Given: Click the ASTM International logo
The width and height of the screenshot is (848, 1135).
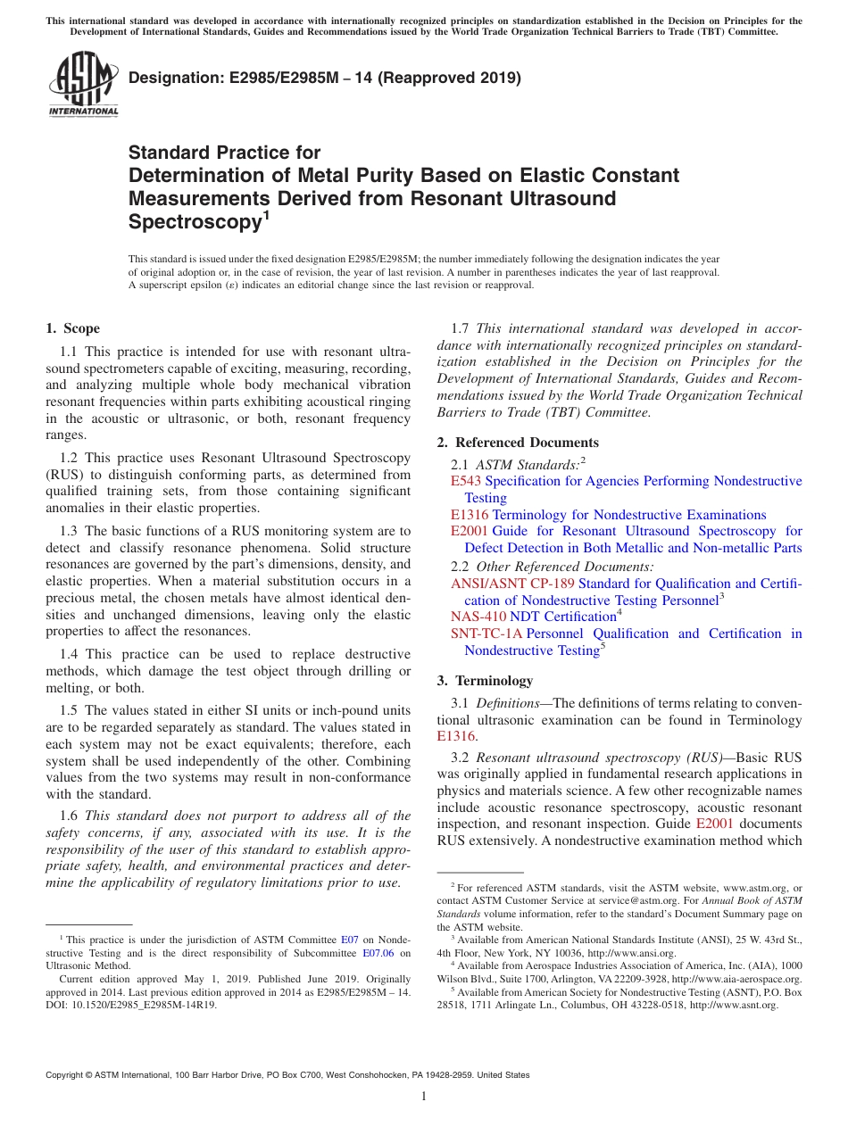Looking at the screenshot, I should point(82,85).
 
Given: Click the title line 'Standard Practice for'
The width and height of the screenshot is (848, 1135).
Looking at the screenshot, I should point(224,153).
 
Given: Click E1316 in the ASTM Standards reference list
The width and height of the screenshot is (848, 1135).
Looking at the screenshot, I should point(470,515).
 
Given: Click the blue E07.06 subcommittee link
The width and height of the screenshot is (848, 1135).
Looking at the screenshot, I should point(378,953).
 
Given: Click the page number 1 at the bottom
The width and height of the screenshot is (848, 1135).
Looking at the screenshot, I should point(424,1097).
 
